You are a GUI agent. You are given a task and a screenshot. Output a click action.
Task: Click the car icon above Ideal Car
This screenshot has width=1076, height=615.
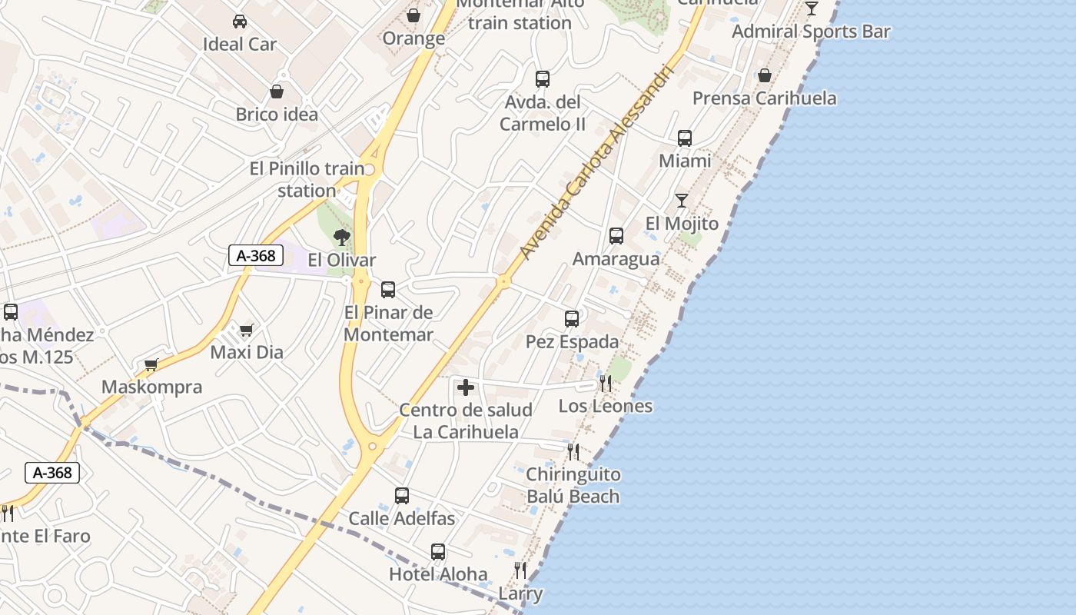tap(240, 21)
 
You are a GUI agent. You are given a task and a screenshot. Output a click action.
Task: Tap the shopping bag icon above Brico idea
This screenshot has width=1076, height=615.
tap(277, 92)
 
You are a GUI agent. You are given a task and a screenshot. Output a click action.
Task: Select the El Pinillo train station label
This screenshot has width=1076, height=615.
tap(307, 179)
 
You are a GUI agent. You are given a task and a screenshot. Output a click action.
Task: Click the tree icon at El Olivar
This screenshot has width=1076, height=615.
tap(342, 237)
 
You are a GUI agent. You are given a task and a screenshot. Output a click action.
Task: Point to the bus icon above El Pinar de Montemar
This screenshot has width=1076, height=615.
tap(388, 290)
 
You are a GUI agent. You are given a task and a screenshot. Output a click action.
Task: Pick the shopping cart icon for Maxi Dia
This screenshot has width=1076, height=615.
tap(246, 330)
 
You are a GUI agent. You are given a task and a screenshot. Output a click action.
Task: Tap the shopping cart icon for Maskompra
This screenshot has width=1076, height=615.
tap(151, 364)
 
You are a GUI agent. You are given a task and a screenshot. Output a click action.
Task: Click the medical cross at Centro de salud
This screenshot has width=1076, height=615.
tap(465, 387)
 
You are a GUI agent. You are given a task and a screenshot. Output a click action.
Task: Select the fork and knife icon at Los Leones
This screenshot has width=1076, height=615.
tap(606, 383)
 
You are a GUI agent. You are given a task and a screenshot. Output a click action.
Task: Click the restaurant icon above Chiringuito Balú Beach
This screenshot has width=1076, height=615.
tap(573, 451)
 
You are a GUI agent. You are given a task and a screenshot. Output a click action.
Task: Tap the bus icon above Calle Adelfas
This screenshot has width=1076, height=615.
tap(402, 496)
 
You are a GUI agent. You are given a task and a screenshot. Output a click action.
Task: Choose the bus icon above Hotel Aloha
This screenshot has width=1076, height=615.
tap(438, 551)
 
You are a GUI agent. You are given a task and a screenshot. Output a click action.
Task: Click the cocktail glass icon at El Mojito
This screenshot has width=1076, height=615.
tap(682, 201)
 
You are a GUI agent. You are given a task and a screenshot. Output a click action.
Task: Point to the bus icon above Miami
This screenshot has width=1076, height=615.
tap(685, 138)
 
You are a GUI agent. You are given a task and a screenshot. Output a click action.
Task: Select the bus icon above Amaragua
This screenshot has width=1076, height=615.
tap(616, 236)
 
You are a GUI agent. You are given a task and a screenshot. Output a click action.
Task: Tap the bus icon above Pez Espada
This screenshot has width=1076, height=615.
tap(572, 319)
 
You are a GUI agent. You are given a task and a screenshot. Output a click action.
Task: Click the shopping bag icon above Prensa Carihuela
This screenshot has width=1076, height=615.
tap(765, 75)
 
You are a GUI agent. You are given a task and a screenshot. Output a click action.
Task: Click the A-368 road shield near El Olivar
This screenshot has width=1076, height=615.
tap(256, 255)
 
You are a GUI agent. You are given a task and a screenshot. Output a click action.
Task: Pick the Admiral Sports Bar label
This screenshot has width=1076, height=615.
tap(811, 32)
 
